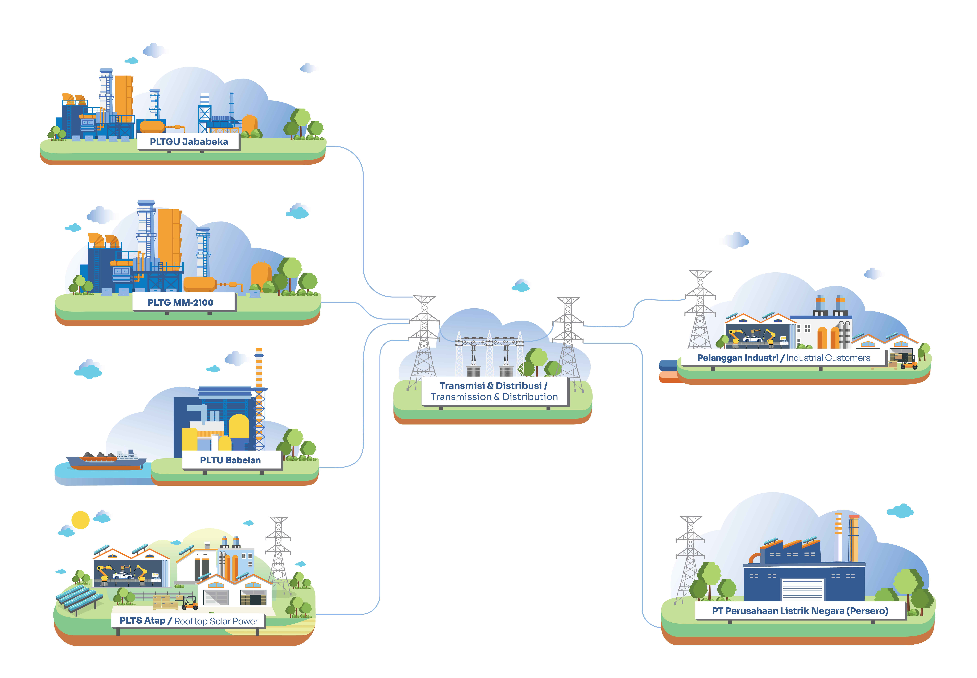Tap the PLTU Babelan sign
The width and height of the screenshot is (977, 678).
pos(232,460)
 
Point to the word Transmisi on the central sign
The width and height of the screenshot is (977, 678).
pos(462,386)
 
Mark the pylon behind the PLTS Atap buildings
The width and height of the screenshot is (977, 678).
pos(279,552)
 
